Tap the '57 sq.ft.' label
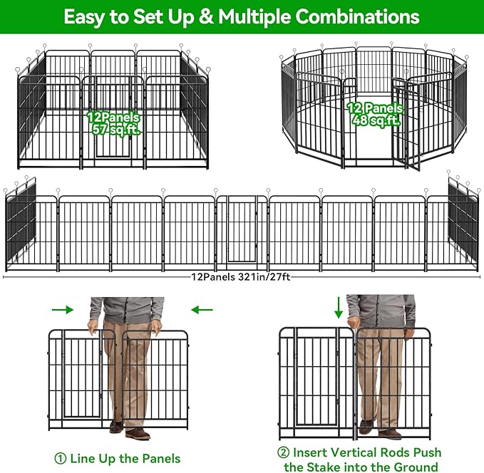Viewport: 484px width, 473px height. pos(113,130)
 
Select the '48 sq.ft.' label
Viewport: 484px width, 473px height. pos(374,120)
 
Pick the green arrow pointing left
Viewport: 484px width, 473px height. pos(203,310)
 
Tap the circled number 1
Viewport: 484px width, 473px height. pos(61,458)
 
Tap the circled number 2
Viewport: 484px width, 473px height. pos(284,453)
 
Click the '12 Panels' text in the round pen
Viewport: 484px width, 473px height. pos(374,108)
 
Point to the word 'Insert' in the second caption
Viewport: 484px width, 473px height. pos(314,453)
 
